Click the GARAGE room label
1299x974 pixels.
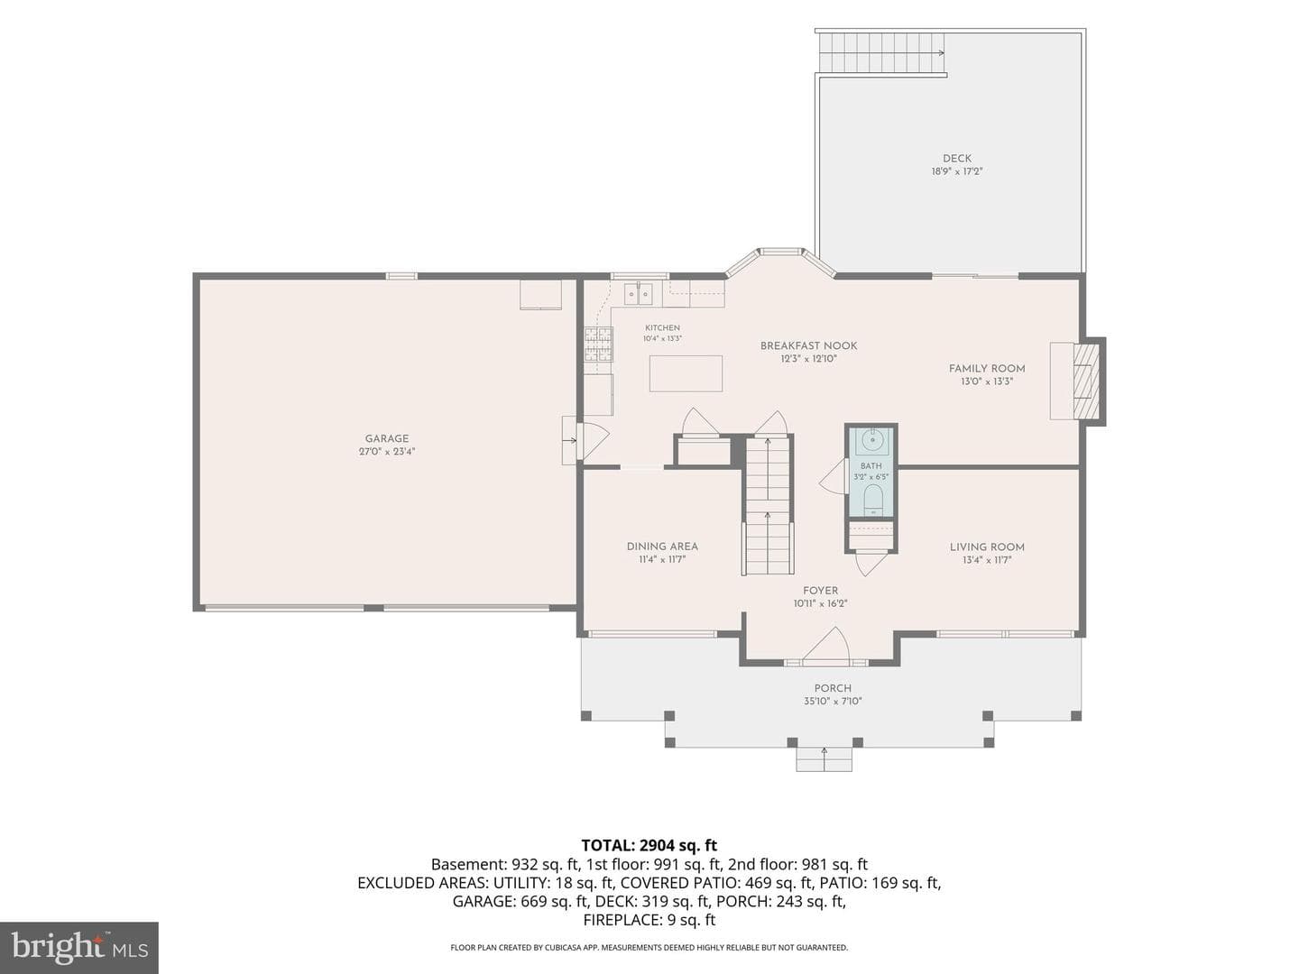(x=387, y=438)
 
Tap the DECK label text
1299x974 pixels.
(x=957, y=158)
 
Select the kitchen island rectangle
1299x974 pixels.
(x=686, y=373)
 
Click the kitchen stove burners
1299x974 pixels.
(x=599, y=345)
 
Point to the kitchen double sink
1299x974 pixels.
(x=638, y=294)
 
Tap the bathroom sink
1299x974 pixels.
(x=871, y=439)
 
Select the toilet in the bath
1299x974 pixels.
(x=871, y=500)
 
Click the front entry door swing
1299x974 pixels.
(x=827, y=646)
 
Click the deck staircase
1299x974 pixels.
(x=880, y=53)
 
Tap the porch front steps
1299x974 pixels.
(x=824, y=759)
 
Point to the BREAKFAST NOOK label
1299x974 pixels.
(x=808, y=345)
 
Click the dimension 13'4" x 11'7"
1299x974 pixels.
(x=987, y=559)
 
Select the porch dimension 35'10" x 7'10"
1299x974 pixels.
(x=833, y=701)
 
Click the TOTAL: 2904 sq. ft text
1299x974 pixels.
(x=649, y=845)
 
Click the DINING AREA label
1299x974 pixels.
(x=662, y=546)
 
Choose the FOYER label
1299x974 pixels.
(x=820, y=590)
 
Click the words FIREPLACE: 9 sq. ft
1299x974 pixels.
(x=649, y=920)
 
